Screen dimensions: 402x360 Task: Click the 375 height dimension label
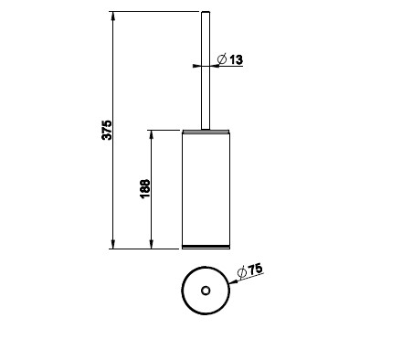107,131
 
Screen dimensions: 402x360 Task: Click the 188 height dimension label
145,189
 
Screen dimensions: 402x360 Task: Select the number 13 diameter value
237,59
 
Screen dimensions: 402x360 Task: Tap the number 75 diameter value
255,269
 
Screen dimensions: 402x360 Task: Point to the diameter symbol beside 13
222,58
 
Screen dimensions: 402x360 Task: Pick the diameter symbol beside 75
242,273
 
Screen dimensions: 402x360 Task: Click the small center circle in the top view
206,291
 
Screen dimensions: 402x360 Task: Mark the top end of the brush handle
206,12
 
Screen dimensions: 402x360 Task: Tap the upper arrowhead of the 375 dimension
113,16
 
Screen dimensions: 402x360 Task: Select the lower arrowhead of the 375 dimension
113,244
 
